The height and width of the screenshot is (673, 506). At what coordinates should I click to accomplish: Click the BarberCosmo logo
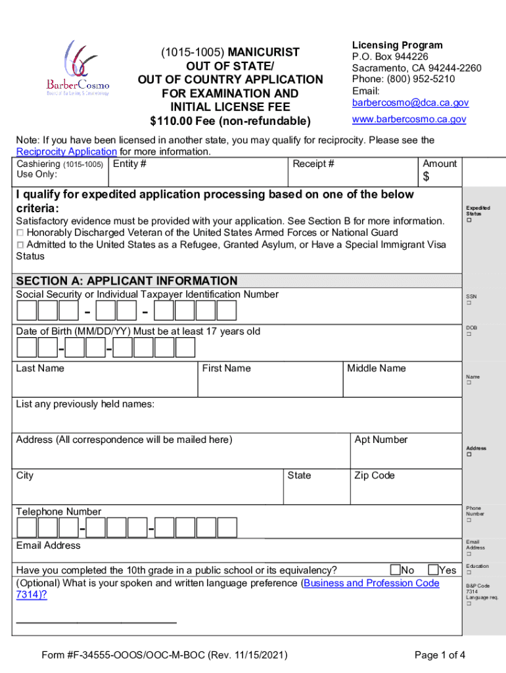tap(77, 68)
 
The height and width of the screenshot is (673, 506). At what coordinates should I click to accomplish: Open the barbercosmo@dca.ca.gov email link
tap(410, 103)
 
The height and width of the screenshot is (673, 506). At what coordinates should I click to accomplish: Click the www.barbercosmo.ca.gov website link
tap(409, 119)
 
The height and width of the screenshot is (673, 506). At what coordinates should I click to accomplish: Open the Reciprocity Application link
tap(66, 152)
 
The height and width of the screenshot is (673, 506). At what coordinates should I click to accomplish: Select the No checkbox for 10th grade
tap(395, 569)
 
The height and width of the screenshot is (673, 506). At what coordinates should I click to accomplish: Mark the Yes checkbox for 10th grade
tap(434, 569)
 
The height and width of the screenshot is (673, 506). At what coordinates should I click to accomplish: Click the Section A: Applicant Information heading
tap(127, 281)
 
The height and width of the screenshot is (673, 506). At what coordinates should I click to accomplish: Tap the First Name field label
tap(226, 368)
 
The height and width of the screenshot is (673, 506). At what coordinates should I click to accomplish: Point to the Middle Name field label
tap(377, 368)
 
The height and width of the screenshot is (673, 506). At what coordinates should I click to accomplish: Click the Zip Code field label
tap(374, 475)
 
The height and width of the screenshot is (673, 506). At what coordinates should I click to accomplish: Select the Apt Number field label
tap(380, 440)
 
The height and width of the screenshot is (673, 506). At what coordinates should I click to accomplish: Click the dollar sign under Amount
tap(426, 177)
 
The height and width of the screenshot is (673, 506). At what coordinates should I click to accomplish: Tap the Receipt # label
tap(313, 164)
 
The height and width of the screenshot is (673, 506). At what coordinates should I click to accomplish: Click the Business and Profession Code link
tap(371, 583)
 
